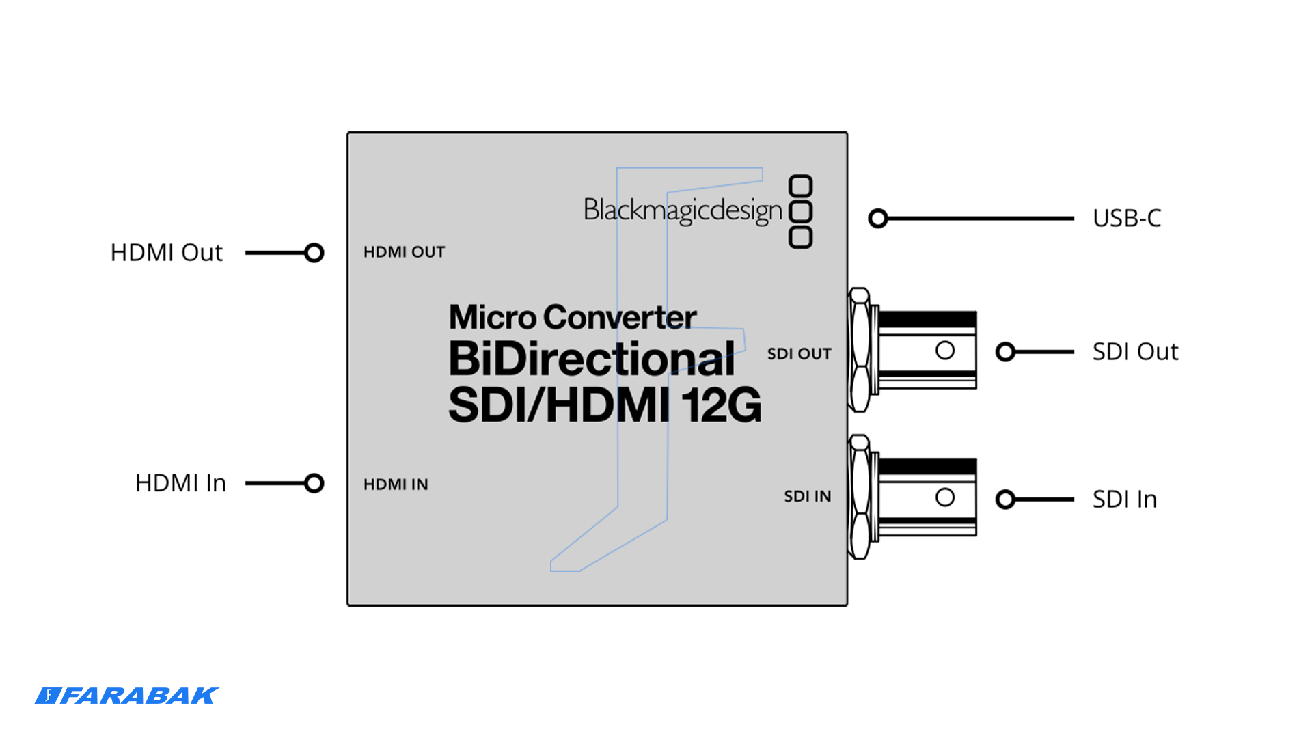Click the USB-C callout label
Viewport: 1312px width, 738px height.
coord(1126,218)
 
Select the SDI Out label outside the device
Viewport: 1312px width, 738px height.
coord(1135,352)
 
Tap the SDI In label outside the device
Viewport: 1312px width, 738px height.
coord(1124,500)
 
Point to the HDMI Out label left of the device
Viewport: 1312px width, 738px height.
coord(166,253)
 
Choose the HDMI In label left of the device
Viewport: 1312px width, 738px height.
coord(180,483)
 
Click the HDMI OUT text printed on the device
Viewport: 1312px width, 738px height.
coord(404,252)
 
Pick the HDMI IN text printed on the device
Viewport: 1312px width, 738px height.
coord(396,484)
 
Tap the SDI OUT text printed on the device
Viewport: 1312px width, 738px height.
coord(799,354)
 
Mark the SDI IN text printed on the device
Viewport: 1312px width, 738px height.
coord(807,497)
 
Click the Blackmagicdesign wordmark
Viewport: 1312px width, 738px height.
coord(682,210)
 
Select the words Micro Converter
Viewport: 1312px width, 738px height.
coord(573,317)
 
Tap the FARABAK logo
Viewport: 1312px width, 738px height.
coord(126,696)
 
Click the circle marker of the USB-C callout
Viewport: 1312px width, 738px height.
coord(878,219)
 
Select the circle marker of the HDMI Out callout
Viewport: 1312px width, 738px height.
coord(314,253)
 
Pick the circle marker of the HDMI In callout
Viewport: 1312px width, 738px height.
coord(314,483)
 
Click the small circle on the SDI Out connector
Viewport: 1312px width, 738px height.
coord(945,351)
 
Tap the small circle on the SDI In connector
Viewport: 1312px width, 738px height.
coord(945,497)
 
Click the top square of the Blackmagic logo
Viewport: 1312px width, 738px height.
coord(800,185)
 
